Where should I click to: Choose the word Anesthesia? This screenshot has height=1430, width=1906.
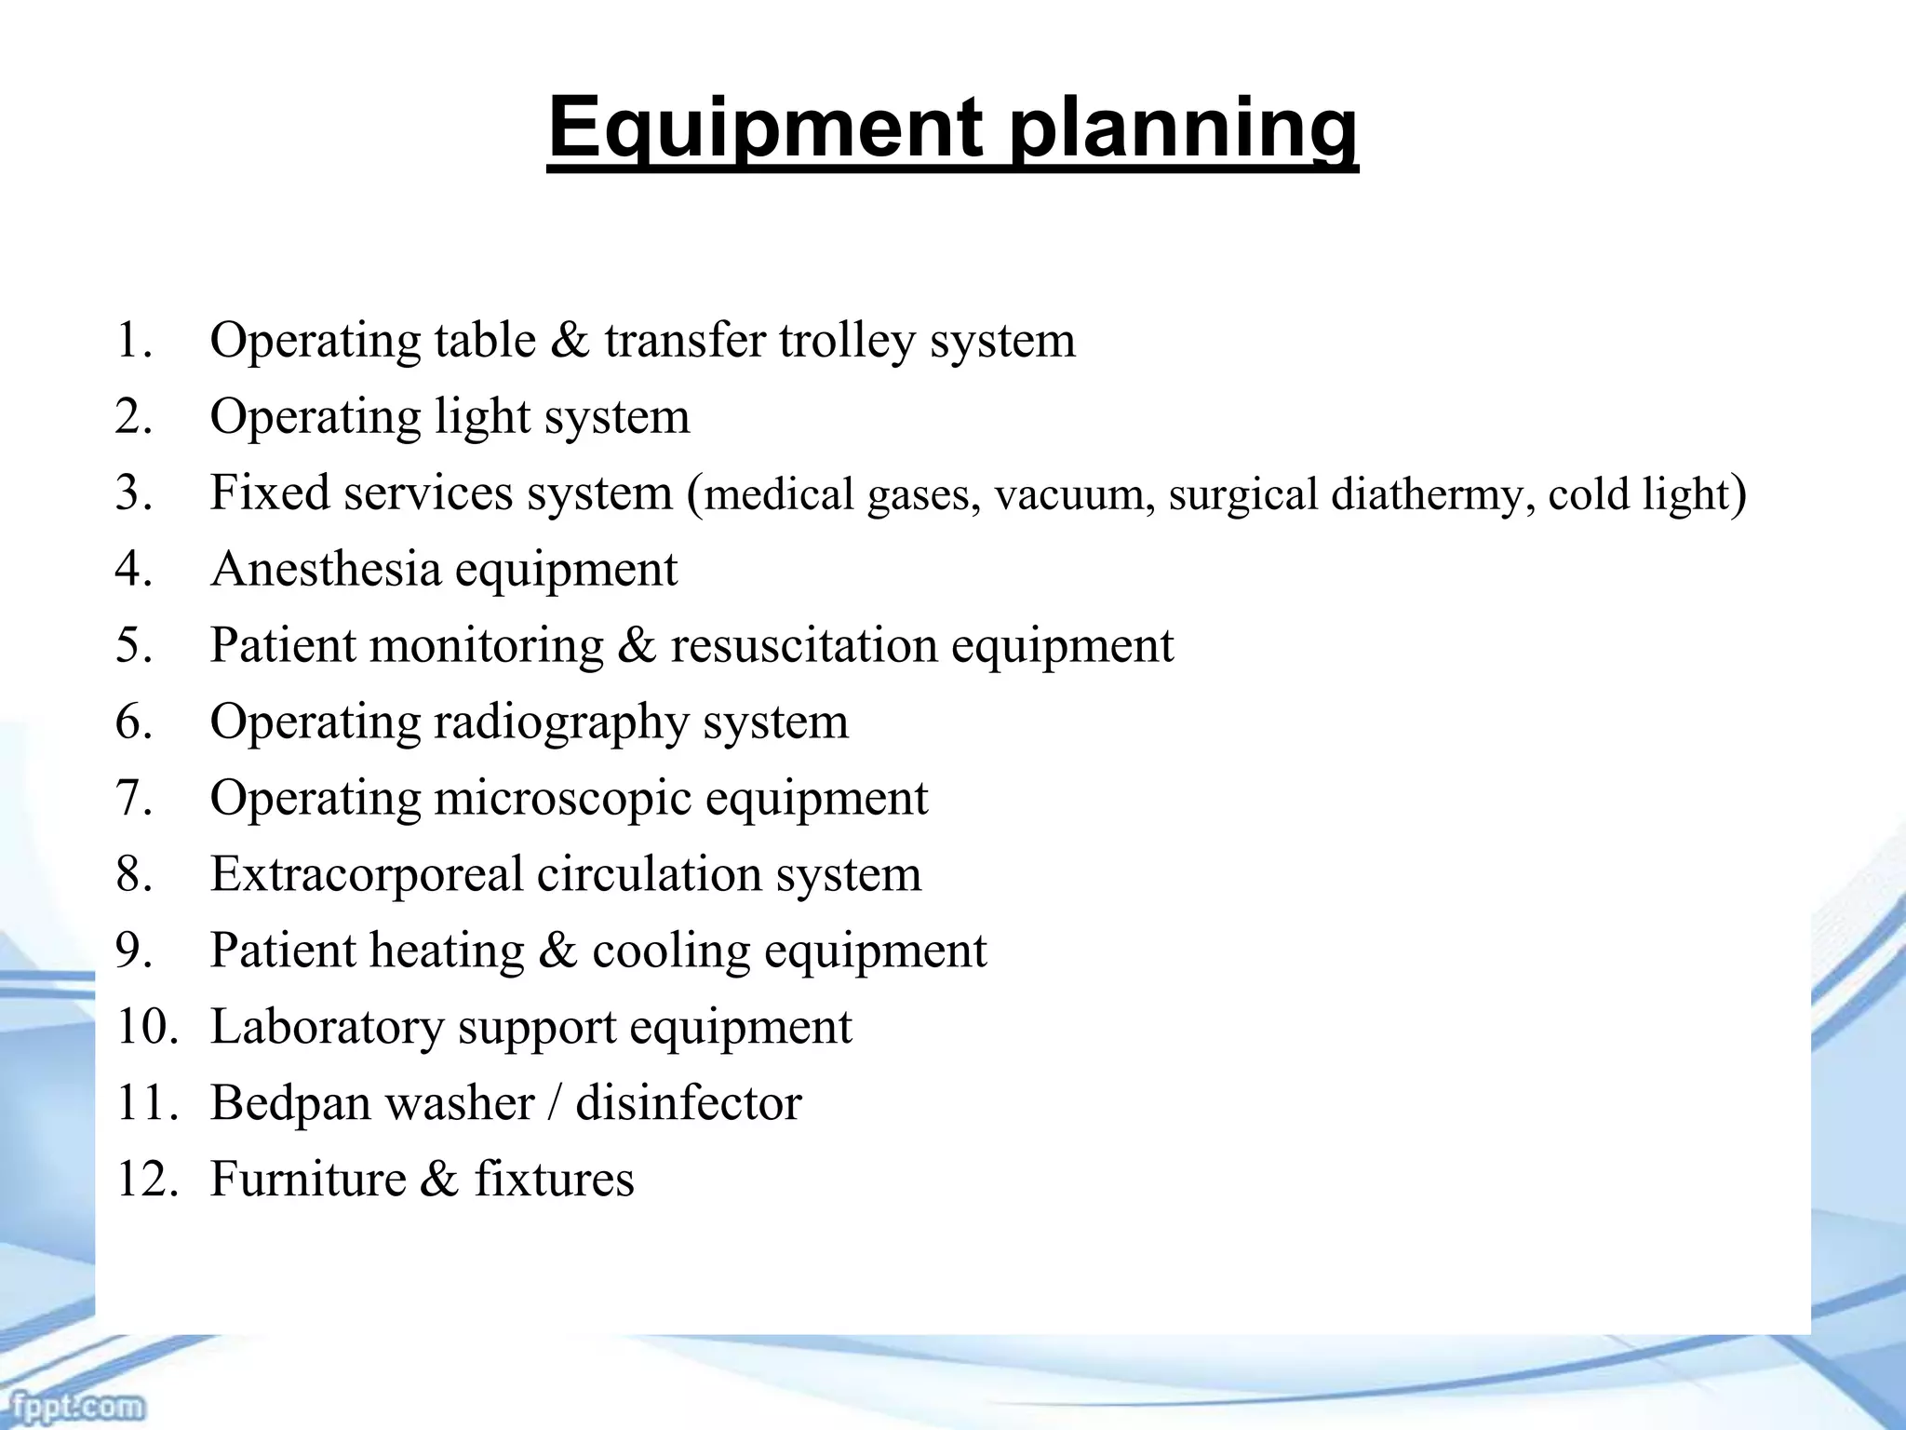326,569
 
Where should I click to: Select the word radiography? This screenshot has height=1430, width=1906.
561,722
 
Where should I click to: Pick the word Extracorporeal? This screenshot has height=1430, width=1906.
367,874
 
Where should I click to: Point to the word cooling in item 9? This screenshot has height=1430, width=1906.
670,951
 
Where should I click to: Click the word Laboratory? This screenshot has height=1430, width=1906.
328,1027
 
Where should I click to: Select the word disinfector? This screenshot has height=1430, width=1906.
689,1103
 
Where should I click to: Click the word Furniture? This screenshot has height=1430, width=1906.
308,1179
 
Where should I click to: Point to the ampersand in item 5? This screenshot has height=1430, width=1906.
637,645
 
